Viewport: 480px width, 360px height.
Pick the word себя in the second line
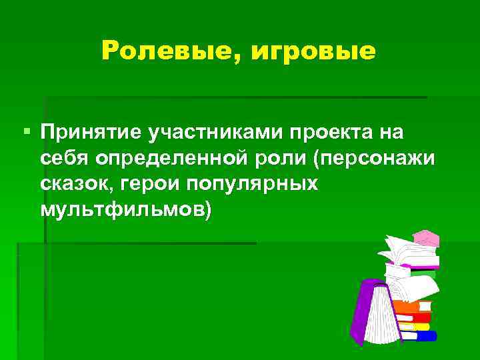pos(65,159)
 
